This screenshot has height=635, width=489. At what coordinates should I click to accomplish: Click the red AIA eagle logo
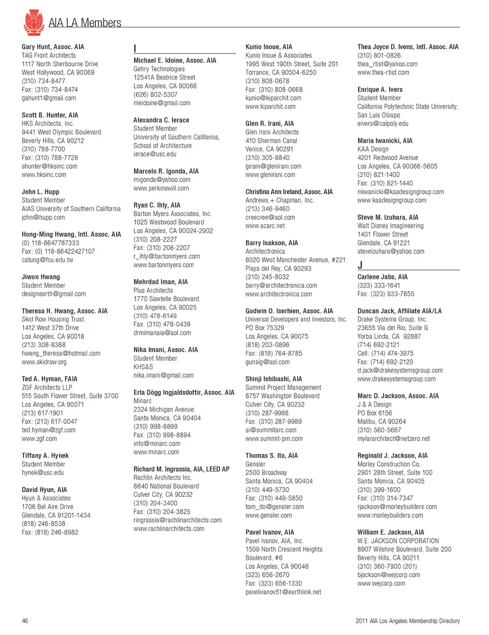coord(34,22)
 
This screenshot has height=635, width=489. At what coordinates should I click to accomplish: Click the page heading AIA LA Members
coord(85,23)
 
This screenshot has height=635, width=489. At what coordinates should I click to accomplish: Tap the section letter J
coord(360,265)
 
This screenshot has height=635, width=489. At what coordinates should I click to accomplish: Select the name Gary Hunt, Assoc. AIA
coord(53,47)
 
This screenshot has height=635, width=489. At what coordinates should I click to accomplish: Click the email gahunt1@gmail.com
coord(49,98)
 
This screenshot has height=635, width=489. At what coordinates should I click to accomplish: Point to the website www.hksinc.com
coord(44,175)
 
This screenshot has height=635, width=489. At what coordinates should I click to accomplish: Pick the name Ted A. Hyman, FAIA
coord(49,379)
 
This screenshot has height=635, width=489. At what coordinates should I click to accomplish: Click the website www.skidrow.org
coord(44,362)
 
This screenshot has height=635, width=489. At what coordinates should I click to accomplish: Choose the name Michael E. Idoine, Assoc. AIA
coord(175,60)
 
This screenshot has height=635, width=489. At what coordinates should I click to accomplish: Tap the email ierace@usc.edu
coord(155,154)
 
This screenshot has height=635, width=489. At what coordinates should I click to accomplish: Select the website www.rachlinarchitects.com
coord(169,529)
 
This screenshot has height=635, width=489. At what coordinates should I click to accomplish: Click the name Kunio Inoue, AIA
coord(269,47)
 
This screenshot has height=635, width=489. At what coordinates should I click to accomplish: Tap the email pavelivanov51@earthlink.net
coord(283,592)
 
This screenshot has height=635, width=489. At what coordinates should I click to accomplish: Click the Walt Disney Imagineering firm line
coord(390,226)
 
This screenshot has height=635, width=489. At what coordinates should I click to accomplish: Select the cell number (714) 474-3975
coord(386,353)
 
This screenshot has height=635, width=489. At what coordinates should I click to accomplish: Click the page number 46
coord(25,621)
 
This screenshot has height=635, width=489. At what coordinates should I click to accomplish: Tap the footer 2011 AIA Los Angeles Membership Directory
coord(407,621)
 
